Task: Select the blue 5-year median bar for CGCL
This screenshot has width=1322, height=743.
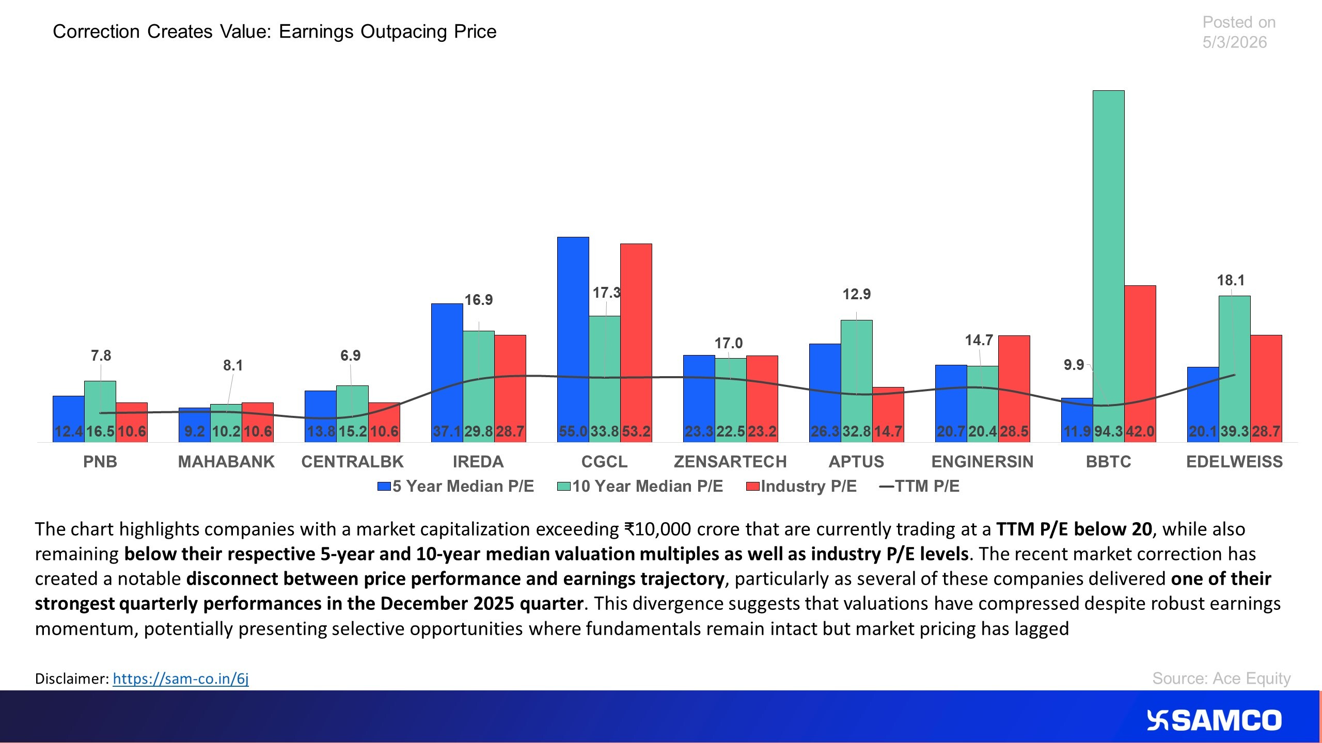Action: point(573,330)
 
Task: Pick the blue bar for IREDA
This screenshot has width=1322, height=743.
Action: point(447,361)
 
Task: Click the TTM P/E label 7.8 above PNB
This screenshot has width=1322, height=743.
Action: point(101,356)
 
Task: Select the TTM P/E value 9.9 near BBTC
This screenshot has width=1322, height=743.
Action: point(1074,365)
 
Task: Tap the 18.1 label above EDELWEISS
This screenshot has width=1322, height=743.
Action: point(1231,280)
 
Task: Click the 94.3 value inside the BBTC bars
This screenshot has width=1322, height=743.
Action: point(1108,431)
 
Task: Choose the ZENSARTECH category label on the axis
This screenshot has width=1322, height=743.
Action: point(730,461)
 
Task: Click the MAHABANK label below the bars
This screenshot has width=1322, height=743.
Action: point(226,461)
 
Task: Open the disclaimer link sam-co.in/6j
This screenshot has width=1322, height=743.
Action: point(181,678)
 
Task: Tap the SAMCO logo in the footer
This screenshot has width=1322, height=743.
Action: point(1214,720)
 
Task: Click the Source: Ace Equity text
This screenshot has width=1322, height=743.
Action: point(1221,678)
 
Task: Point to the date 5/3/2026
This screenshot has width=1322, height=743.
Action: point(1234,42)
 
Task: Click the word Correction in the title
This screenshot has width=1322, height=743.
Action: point(96,31)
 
